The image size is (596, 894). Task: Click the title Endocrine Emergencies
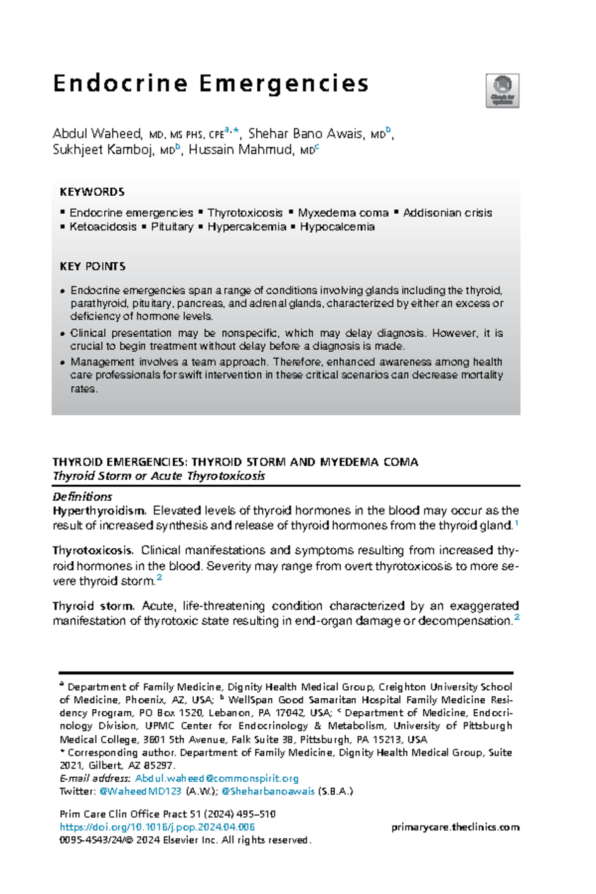211,83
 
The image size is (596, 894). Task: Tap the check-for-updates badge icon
502,90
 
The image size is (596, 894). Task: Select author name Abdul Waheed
97,134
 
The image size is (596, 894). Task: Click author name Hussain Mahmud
240,149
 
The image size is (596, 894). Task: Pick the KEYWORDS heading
92,192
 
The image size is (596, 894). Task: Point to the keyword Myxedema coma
343,213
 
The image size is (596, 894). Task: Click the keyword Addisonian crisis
447,213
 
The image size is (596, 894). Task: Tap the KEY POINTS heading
92,266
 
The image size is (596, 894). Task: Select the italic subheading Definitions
82,497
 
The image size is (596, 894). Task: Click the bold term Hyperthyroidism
99,511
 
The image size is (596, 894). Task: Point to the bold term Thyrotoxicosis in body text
92,550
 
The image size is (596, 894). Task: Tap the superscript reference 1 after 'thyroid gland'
517,523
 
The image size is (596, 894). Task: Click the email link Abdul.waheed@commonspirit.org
217,778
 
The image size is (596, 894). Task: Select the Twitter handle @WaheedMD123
140,791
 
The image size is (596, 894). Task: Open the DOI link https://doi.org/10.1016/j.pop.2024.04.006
157,827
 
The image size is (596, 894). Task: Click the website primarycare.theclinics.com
455,827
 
